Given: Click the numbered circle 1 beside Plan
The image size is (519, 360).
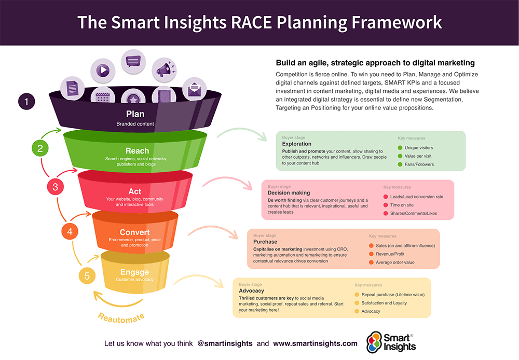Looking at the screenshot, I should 26,102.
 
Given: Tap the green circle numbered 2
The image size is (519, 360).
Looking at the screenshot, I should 40,149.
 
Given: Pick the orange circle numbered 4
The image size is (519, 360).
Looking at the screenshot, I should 70,232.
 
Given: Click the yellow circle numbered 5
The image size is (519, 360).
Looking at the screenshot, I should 87,276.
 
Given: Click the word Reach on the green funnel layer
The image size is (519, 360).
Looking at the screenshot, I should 137,151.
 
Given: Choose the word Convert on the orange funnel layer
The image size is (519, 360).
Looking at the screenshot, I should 135,232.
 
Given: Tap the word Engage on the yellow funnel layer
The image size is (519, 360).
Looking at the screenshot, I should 135,272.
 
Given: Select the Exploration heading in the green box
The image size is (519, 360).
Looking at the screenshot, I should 297,144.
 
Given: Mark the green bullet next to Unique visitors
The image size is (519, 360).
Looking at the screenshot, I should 400,148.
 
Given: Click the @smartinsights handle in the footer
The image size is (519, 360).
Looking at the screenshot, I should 225,343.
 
